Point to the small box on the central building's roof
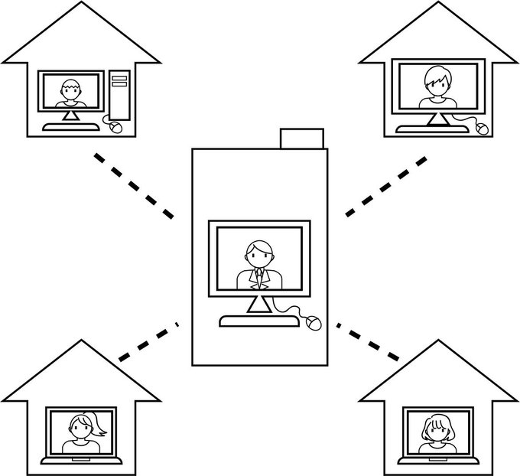click(x=304, y=139)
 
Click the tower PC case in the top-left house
click(x=120, y=95)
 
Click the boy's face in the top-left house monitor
click(x=70, y=90)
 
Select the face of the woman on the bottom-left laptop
click(x=80, y=427)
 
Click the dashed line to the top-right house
click(x=386, y=185)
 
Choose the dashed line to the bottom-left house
click(x=146, y=341)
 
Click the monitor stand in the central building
click(x=257, y=304)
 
